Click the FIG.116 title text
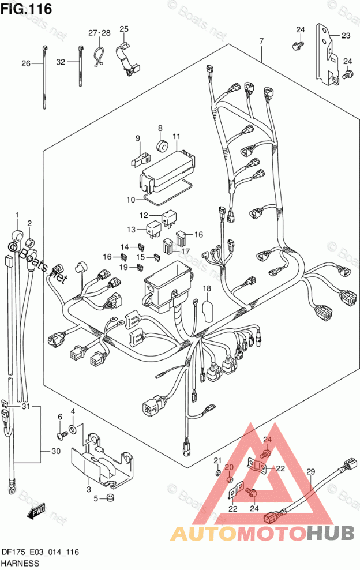(x=26, y=8)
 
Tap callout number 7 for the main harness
(x=261, y=41)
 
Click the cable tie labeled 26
(x=45, y=77)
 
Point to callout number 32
(x=61, y=62)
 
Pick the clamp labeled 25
(x=128, y=58)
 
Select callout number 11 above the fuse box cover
(x=177, y=137)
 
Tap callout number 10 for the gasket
(x=131, y=200)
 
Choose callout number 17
(x=185, y=251)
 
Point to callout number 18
(x=207, y=288)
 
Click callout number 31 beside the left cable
(x=26, y=406)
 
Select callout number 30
(x=55, y=451)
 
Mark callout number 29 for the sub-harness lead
(x=310, y=472)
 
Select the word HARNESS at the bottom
(x=20, y=564)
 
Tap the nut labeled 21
(x=217, y=472)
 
